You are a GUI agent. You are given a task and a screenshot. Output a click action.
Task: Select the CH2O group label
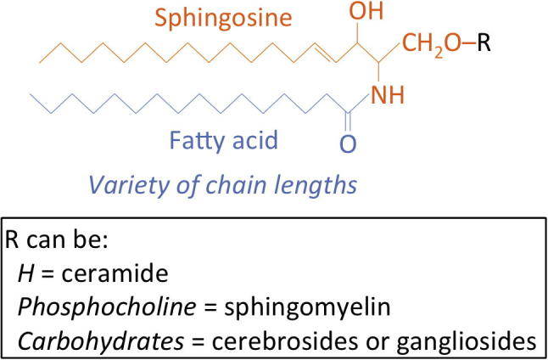coord(432,43)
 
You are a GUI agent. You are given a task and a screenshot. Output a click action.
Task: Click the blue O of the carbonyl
coord(345,145)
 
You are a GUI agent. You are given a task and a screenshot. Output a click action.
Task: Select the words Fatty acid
coord(223,138)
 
